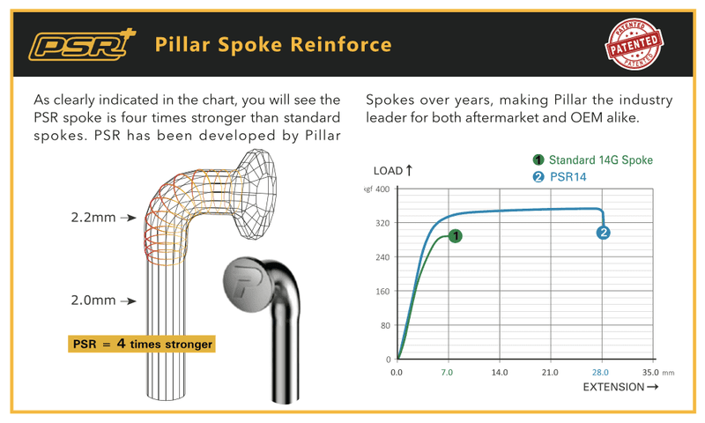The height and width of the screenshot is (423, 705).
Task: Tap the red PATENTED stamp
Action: tap(634, 44)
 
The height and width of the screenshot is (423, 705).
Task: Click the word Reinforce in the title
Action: tap(341, 44)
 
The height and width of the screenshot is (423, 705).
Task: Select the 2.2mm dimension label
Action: tap(93, 218)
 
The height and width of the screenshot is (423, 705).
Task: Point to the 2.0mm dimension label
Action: tap(93, 301)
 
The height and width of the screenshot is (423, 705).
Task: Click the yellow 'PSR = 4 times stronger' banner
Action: tap(142, 344)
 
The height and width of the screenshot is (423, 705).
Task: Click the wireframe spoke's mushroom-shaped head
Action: tap(256, 193)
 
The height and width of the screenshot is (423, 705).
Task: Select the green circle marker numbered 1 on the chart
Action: tap(456, 236)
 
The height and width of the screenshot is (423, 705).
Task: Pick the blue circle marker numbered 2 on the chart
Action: tap(603, 233)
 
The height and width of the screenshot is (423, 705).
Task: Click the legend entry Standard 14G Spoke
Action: tap(592, 160)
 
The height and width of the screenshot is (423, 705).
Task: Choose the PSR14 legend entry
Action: tap(560, 176)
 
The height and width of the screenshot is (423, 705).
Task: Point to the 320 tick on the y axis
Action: tap(382, 223)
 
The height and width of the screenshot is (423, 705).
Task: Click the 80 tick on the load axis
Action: tap(385, 325)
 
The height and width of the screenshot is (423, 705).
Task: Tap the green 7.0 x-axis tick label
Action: tap(447, 372)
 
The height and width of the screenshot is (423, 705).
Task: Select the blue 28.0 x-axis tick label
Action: tap(600, 372)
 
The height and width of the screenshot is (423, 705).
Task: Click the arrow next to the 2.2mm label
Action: tap(128, 218)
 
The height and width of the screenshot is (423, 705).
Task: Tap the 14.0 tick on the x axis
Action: tap(500, 372)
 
